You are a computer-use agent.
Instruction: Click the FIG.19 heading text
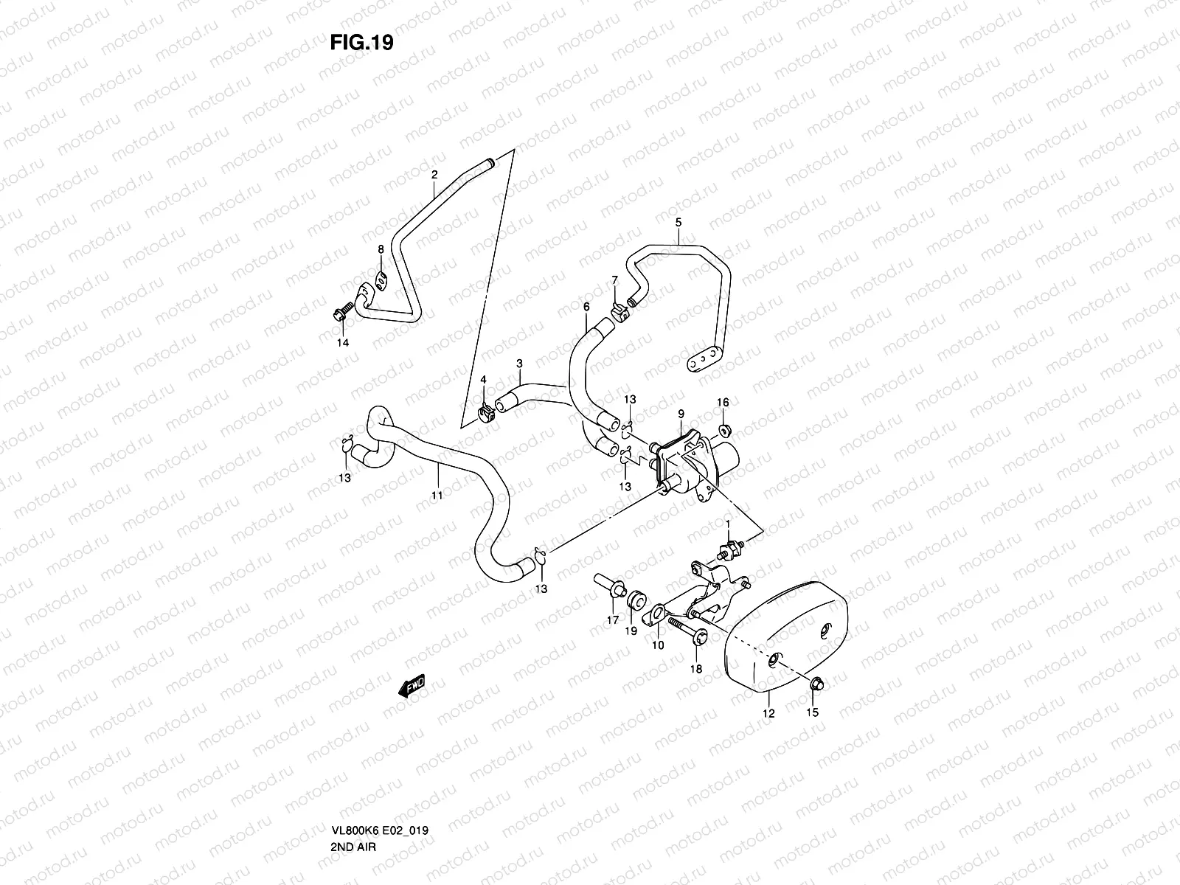tap(361, 43)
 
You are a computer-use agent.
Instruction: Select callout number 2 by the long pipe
tap(434, 175)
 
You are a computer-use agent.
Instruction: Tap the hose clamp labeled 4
tap(485, 408)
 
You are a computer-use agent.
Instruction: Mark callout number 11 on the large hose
tap(437, 496)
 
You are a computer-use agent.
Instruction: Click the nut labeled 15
tap(816, 686)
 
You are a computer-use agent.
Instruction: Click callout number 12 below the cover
tap(769, 713)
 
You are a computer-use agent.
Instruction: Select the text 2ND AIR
tap(354, 785)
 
